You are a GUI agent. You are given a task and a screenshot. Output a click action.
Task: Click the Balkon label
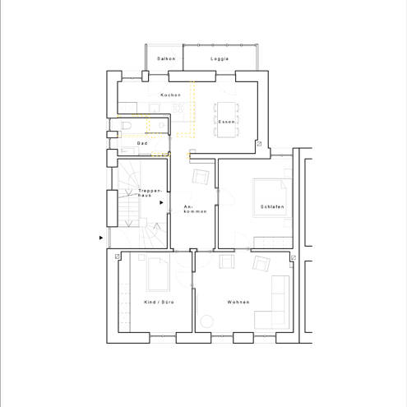[x=166, y=58]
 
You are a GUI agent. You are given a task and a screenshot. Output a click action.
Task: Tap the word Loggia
[x=220, y=58]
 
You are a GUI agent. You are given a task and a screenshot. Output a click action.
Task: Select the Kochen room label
[x=171, y=95]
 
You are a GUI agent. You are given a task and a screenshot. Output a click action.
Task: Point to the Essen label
[x=227, y=122]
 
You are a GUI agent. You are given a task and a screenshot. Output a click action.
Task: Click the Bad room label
[x=142, y=143]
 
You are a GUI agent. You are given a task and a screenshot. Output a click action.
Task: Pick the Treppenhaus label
[x=150, y=193]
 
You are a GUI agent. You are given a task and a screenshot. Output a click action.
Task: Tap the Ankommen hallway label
[x=195, y=209]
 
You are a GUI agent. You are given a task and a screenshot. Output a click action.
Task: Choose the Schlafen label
[x=272, y=206]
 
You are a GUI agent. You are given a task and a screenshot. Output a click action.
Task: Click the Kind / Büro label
[x=159, y=302]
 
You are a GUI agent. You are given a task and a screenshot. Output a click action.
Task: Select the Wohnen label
[x=238, y=302]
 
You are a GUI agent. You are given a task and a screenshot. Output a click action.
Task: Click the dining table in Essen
[x=227, y=120]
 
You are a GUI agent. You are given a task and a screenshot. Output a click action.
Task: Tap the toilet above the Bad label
[x=126, y=126]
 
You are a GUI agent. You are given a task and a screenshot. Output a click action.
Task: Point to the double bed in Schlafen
[x=270, y=197]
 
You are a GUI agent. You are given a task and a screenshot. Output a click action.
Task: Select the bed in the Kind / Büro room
[x=158, y=275]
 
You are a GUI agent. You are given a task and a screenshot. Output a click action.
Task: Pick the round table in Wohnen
[x=206, y=321]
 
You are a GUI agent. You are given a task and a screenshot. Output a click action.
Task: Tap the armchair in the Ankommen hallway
[x=201, y=177]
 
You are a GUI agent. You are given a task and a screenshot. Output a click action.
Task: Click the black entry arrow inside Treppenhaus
[x=161, y=202]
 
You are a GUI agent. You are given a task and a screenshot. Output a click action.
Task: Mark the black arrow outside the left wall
[x=101, y=238]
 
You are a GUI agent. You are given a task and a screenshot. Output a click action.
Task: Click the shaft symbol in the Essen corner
[x=259, y=144]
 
